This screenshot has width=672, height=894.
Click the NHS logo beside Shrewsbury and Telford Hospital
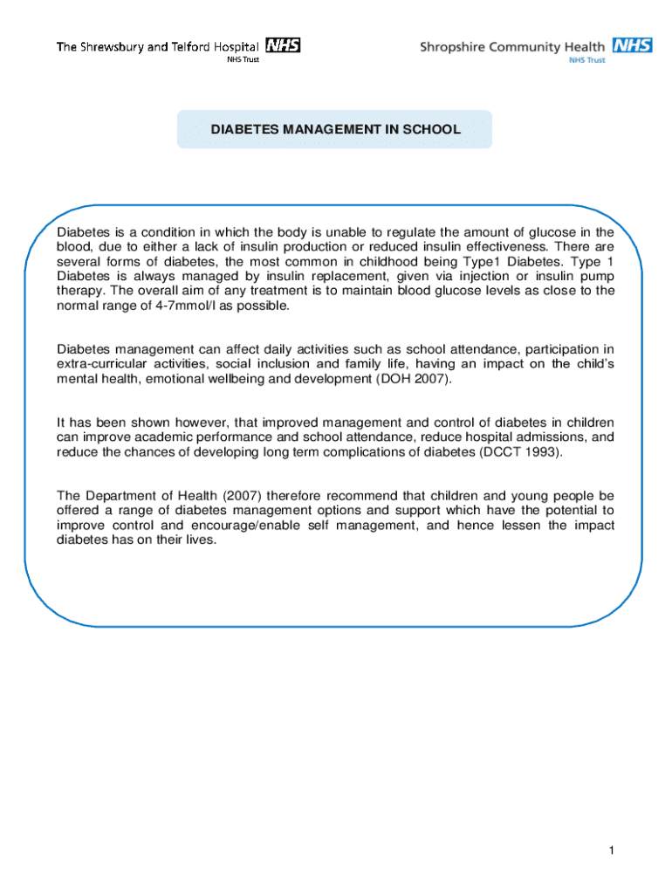point(283,45)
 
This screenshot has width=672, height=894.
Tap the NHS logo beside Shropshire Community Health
point(632,45)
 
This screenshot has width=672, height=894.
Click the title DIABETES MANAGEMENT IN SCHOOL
point(335,129)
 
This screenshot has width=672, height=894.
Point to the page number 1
point(614,850)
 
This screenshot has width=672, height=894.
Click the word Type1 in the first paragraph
point(478,261)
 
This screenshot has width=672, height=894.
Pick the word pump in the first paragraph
point(600,276)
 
